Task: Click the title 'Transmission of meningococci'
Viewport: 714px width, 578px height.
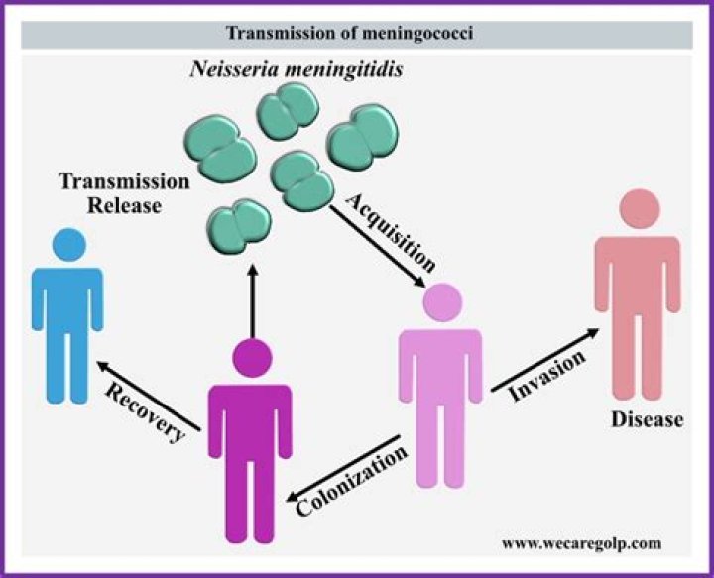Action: click(x=356, y=34)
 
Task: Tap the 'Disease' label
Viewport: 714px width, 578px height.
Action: click(x=647, y=418)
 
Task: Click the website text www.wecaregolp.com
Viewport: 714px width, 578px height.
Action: click(x=581, y=543)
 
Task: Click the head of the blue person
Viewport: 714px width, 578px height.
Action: click(x=67, y=244)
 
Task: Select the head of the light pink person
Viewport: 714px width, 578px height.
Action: click(x=440, y=301)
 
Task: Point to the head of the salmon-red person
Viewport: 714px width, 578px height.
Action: click(x=639, y=209)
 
